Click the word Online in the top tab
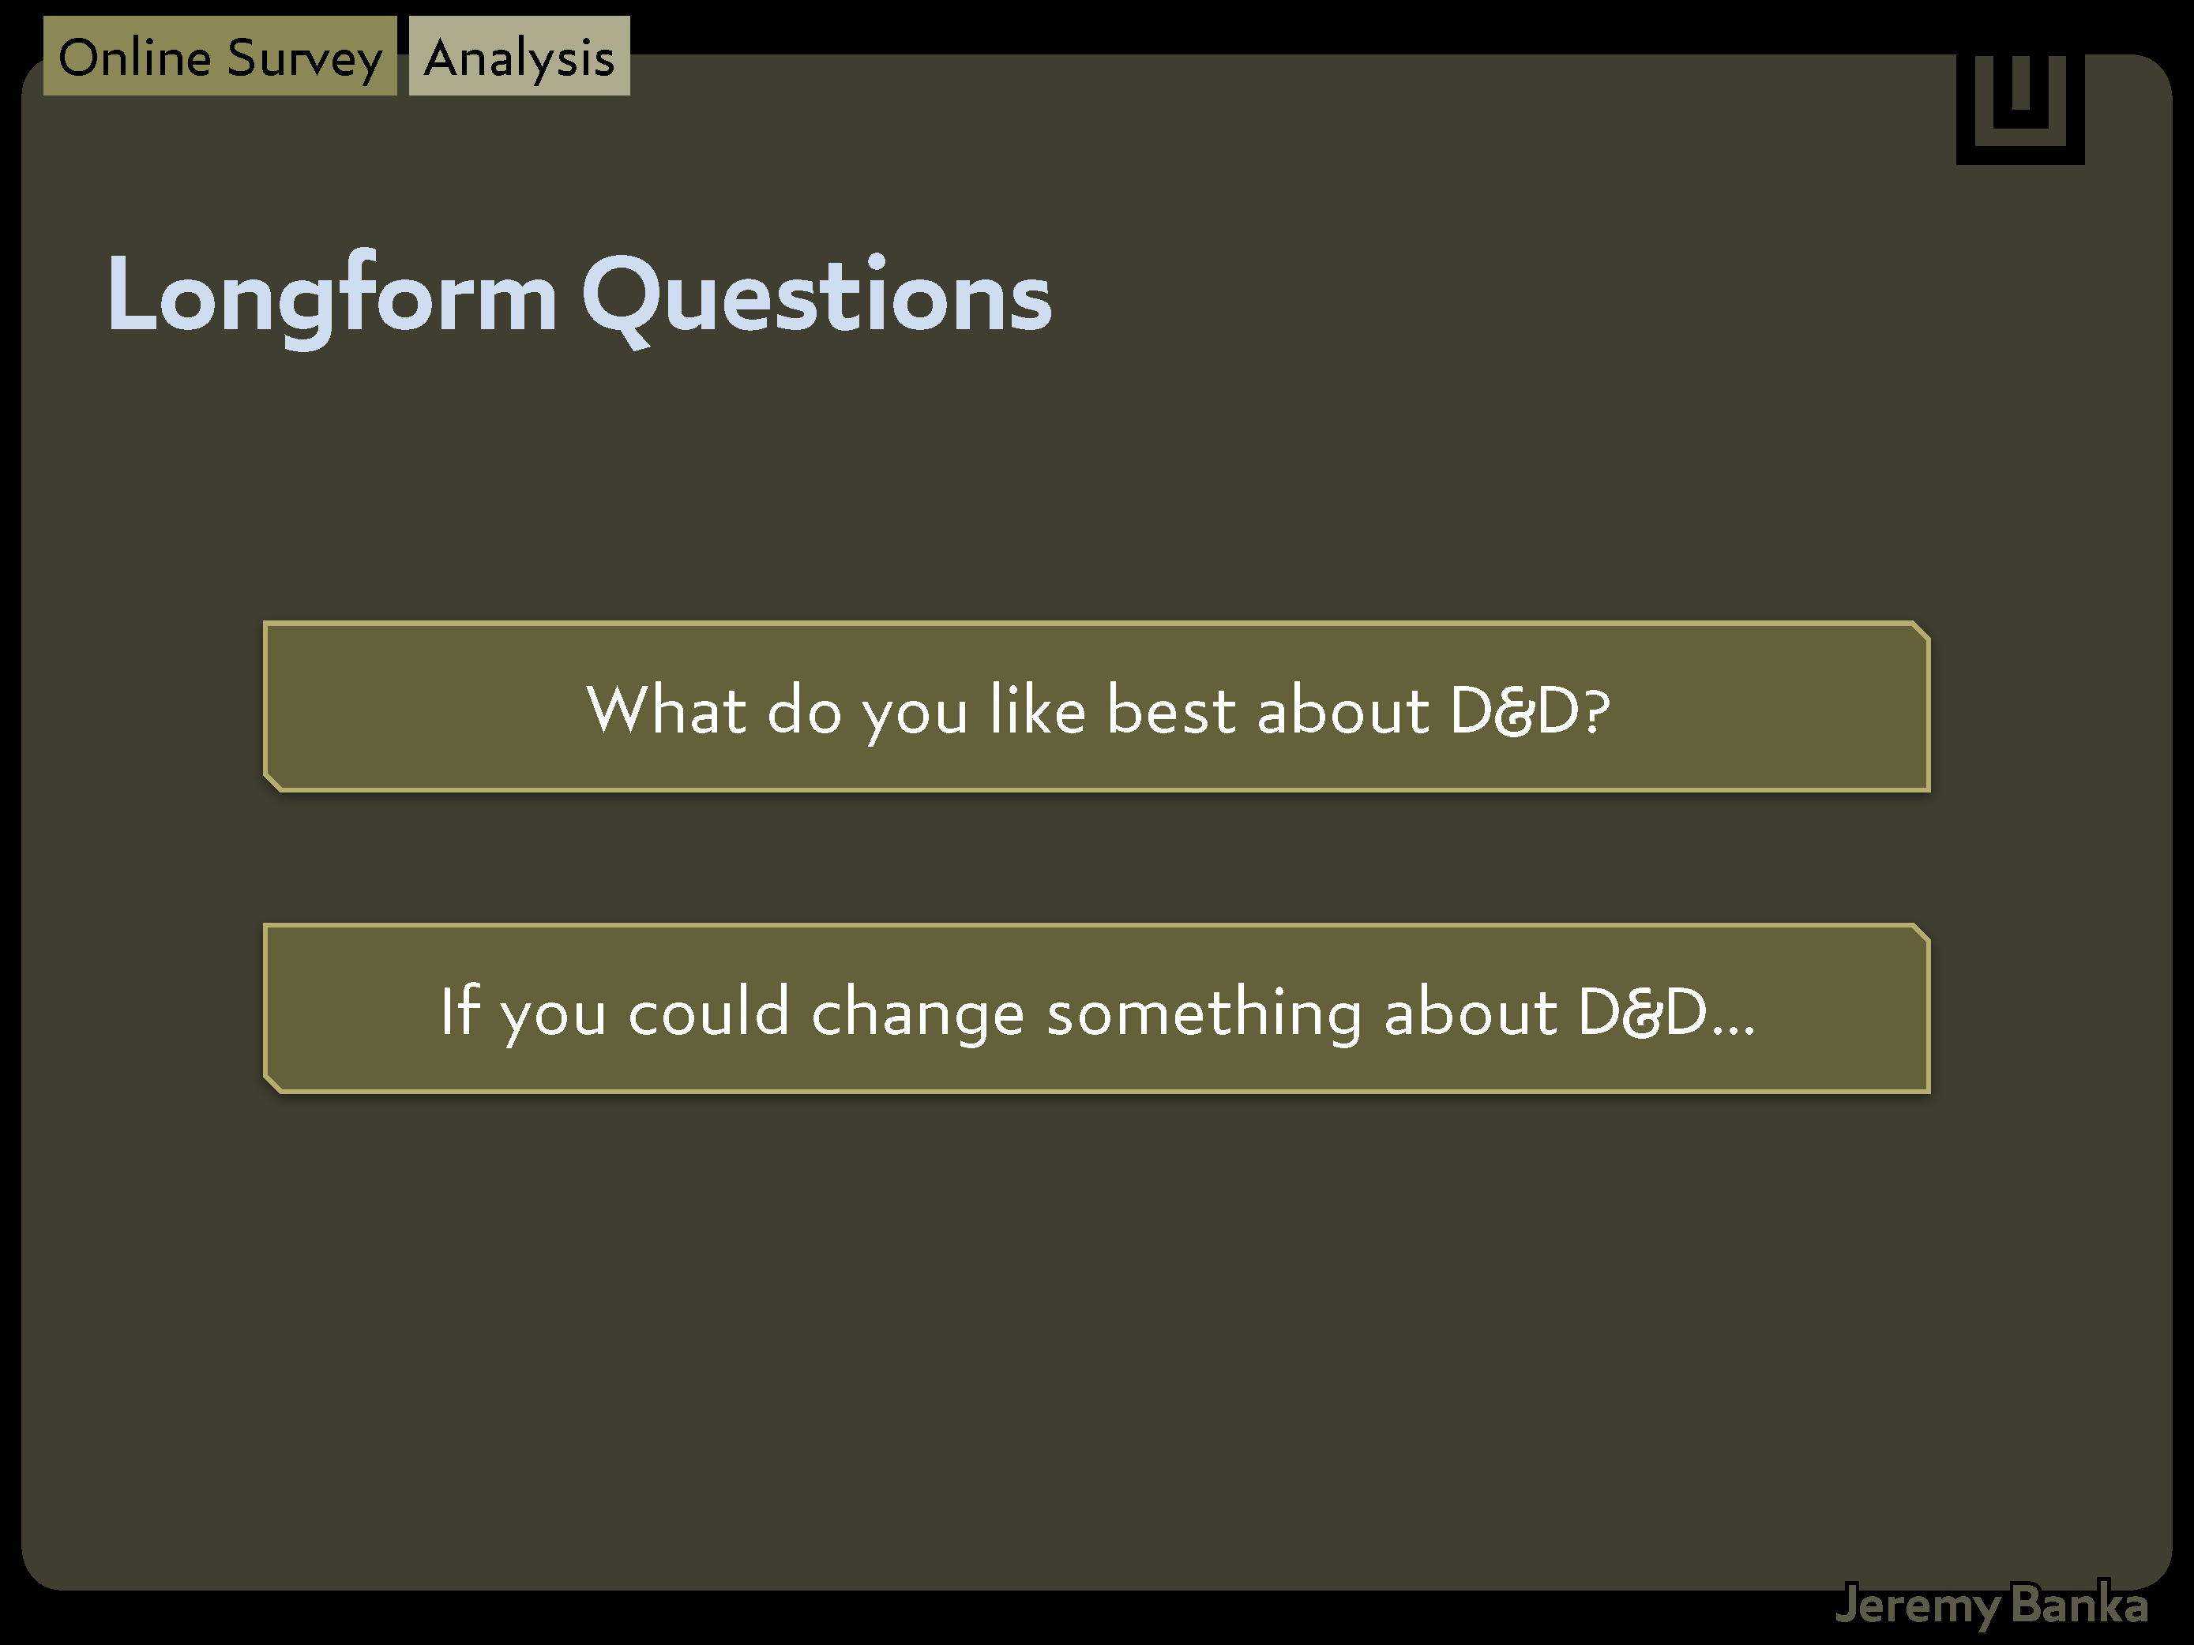click(x=135, y=58)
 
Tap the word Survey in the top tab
click(x=306, y=59)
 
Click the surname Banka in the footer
click(x=2080, y=1603)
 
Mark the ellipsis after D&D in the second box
click(x=1733, y=1029)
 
